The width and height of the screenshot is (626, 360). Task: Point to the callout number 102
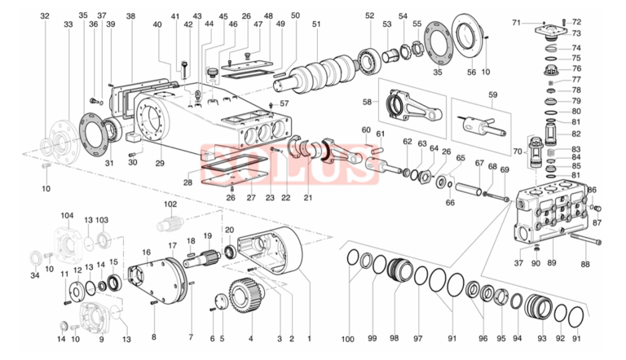170,204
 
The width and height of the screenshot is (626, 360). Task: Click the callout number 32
45,15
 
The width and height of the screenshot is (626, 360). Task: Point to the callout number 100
349,338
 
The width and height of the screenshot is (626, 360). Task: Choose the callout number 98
395,338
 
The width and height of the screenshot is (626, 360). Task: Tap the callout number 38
130,15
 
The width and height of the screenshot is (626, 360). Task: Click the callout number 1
308,338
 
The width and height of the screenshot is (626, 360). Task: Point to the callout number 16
148,252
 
